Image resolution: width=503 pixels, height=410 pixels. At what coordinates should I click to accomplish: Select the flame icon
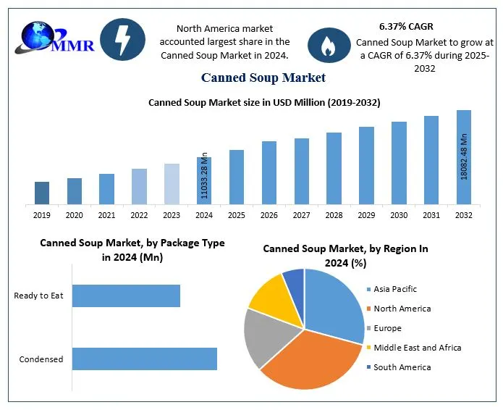pos(329,46)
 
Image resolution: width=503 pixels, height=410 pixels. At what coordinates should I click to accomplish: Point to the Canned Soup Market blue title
pos(263,78)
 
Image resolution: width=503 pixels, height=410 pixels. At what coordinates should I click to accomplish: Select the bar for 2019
pos(42,193)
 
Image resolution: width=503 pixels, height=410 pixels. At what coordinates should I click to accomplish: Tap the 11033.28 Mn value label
pos(205,175)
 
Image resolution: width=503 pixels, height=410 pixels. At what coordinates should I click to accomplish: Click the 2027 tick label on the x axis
pos(301,215)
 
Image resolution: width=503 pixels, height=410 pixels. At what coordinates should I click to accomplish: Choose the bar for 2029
pos(366,165)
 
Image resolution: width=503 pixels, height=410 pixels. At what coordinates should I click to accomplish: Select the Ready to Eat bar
pos(126,296)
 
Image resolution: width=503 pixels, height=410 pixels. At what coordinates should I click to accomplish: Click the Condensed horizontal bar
pos(144,359)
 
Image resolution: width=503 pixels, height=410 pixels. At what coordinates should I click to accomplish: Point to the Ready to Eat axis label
pos(38,296)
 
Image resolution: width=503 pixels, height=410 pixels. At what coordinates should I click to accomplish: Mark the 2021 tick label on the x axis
pos(106,215)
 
